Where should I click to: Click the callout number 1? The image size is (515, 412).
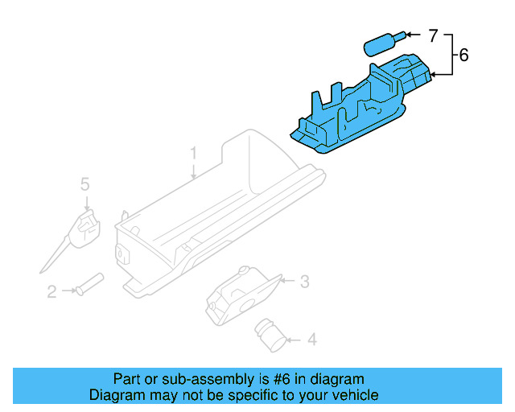(x=193, y=152)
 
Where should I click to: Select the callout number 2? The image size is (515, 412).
(x=51, y=292)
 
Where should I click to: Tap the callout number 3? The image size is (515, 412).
(x=304, y=281)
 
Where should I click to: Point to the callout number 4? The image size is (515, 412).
(x=311, y=340)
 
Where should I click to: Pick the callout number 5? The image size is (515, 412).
(x=84, y=185)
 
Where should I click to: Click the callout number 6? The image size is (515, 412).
(x=463, y=56)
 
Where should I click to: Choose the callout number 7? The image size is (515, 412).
(x=432, y=35)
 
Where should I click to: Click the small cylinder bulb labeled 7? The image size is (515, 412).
(x=383, y=42)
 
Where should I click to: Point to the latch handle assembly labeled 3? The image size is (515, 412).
(x=241, y=295)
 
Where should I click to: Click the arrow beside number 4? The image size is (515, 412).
(x=294, y=340)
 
